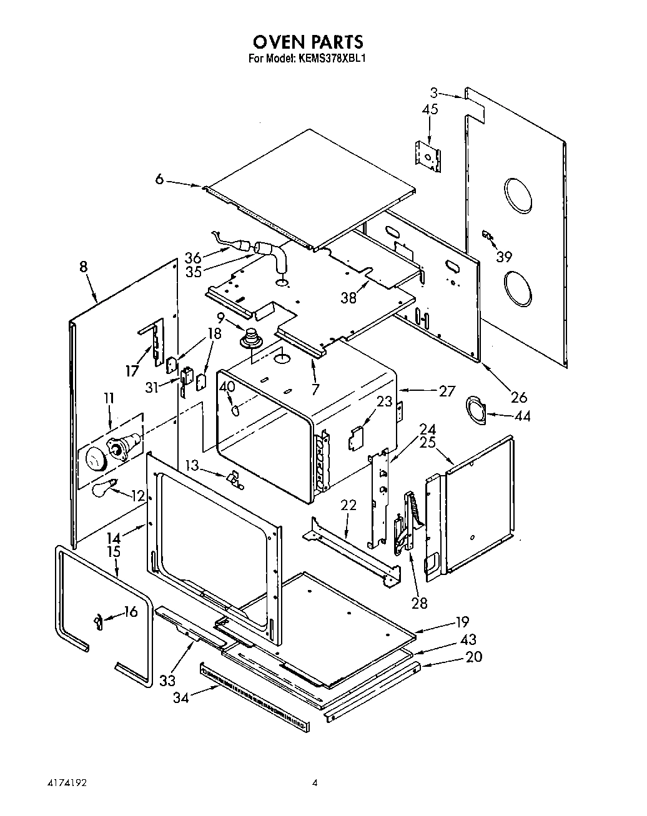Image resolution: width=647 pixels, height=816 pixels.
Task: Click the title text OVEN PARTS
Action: (x=307, y=42)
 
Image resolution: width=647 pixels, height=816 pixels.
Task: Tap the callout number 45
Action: (x=430, y=109)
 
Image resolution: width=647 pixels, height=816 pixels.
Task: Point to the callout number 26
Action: (x=519, y=396)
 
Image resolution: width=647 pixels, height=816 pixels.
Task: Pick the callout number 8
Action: (x=83, y=267)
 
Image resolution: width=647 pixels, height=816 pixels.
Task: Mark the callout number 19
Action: (x=462, y=622)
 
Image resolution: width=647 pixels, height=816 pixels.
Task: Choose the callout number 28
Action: (x=420, y=602)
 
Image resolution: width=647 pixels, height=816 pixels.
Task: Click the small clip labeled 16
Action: (x=99, y=621)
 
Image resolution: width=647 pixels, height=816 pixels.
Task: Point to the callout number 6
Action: (x=160, y=179)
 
